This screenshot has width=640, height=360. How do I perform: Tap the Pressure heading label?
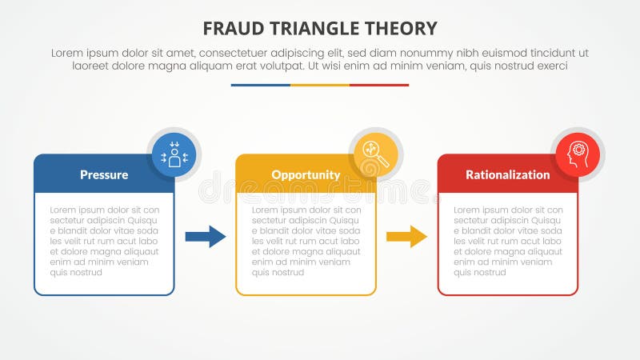(x=103, y=174)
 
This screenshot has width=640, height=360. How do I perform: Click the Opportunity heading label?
(x=306, y=174)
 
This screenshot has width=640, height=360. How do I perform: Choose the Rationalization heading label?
(x=507, y=174)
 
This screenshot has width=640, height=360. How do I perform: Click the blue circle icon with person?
(x=174, y=154)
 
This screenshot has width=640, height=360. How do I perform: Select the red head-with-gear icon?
(x=577, y=154)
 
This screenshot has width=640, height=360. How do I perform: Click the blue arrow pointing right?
(x=206, y=236)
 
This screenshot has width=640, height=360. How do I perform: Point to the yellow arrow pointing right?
(x=406, y=236)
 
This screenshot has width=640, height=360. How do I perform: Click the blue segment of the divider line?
(x=260, y=85)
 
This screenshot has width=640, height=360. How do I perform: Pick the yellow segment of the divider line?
(x=320, y=85)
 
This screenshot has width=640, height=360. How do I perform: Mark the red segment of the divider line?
(x=379, y=85)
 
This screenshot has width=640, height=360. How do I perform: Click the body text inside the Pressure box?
(x=104, y=241)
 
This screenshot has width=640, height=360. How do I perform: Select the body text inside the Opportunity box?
(x=306, y=241)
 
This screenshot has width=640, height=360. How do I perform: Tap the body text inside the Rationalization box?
(x=507, y=241)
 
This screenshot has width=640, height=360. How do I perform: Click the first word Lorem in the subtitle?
(x=68, y=52)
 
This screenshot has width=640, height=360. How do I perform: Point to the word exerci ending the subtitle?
(x=550, y=66)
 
